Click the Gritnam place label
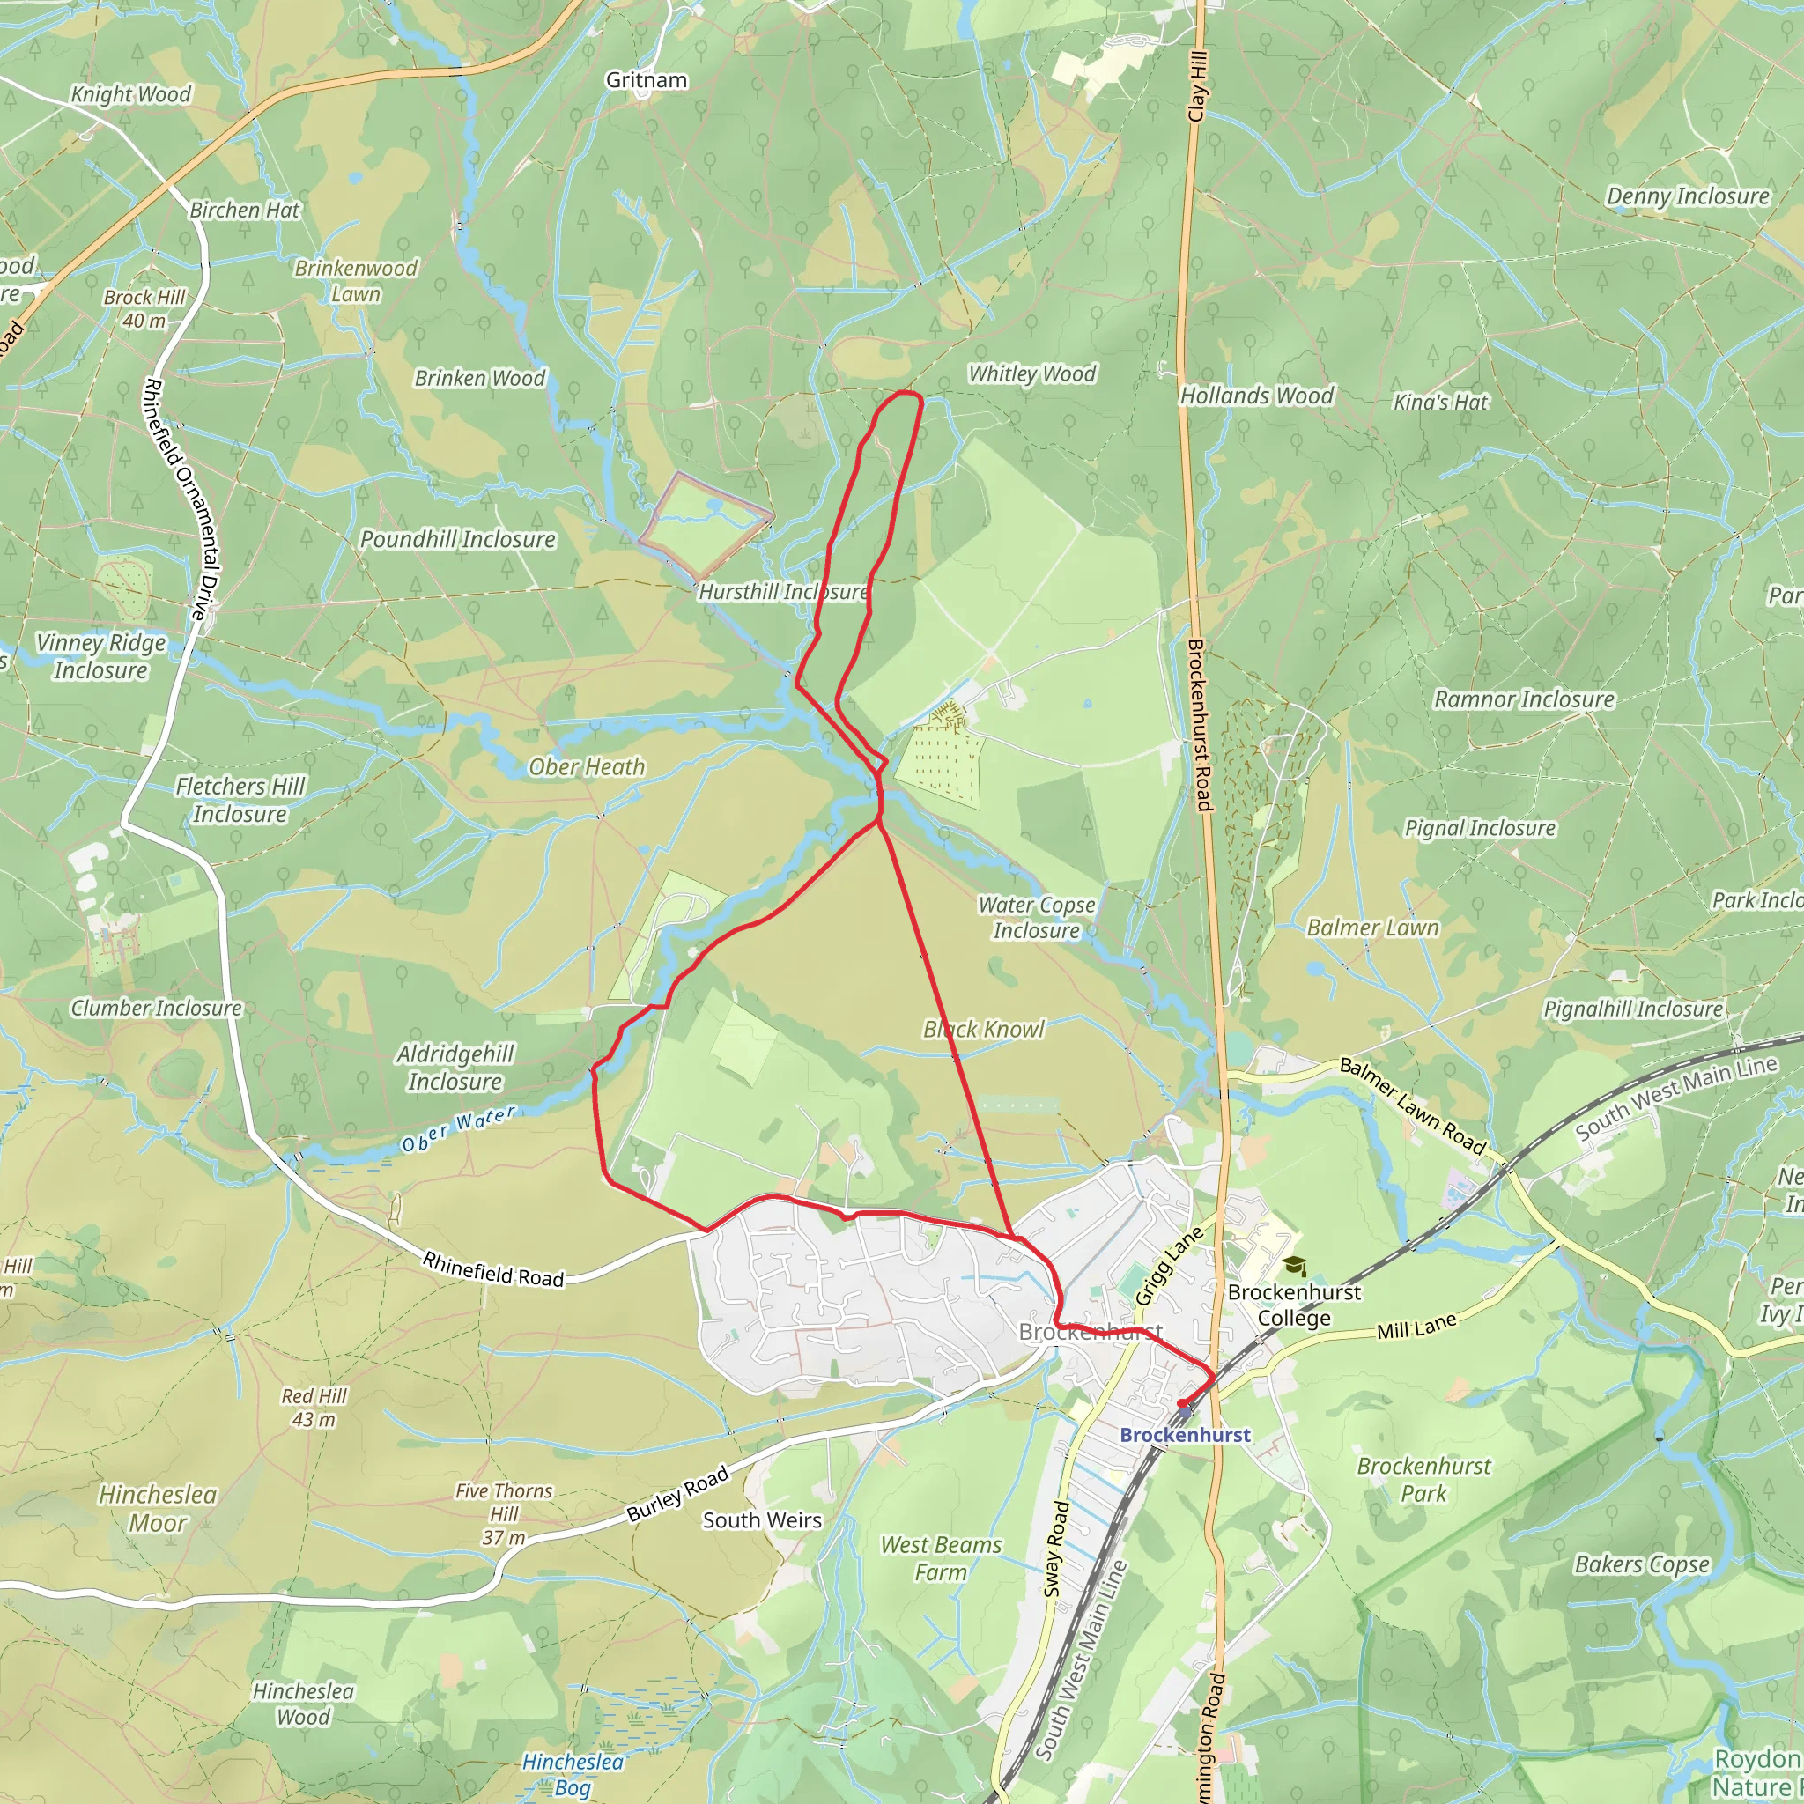tap(647, 80)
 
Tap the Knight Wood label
tap(130, 94)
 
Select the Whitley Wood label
tap(1031, 373)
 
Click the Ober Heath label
tap(587, 766)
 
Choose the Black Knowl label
tap(983, 1029)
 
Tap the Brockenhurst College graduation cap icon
tap(1294, 1266)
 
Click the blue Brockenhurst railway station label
tap(1184, 1435)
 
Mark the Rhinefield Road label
tap(493, 1270)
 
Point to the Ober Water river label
tap(457, 1130)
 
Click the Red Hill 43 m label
tap(314, 1407)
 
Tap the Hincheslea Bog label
tap(572, 1774)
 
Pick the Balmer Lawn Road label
tap(1412, 1106)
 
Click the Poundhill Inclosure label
tap(457, 540)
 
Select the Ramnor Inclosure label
tap(1524, 699)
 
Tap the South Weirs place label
tap(762, 1520)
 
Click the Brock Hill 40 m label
tap(144, 309)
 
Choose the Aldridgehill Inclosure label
tap(455, 1068)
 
